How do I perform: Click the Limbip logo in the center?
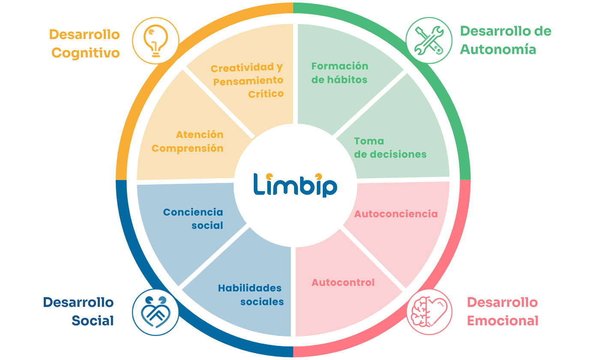(295, 185)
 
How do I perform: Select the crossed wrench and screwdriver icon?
(429, 40)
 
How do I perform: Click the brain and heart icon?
(429, 312)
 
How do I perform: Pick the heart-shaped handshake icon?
(156, 312)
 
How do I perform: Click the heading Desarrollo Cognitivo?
(84, 43)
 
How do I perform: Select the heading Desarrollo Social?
(78, 311)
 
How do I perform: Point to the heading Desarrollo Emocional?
(503, 311)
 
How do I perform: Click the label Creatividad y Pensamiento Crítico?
(247, 81)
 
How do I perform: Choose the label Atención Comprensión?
(188, 141)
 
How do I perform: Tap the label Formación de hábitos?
(340, 73)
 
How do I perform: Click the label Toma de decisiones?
(390, 148)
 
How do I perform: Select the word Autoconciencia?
(396, 214)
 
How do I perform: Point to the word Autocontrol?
(343, 282)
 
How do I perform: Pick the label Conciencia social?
(193, 219)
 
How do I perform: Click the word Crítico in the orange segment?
(266, 94)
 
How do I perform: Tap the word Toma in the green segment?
(369, 141)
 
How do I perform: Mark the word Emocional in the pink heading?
(503, 321)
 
